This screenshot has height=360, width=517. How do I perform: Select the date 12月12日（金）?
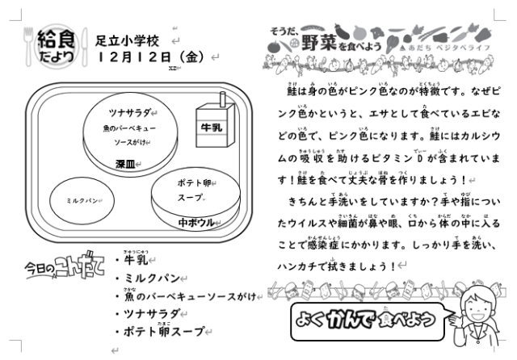150,57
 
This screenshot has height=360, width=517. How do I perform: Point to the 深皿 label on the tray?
124,165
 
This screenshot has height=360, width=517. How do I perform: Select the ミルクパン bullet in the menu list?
154,278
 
